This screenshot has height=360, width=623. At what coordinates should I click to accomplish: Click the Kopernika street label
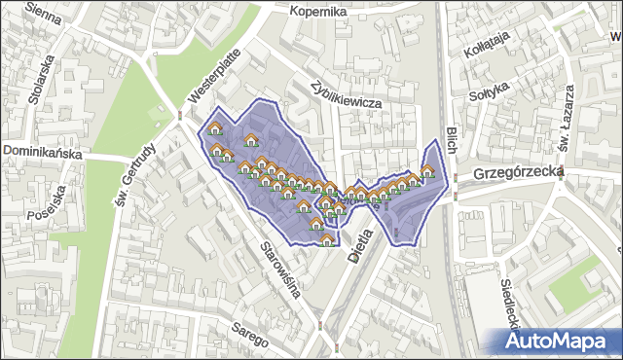coord(319,11)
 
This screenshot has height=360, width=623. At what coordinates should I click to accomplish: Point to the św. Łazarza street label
coord(565,130)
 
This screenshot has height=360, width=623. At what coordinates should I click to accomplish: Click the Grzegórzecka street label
coord(519,172)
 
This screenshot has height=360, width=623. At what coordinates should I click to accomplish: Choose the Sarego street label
coord(250,335)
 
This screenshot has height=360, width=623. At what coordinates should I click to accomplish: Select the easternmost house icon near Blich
coord(426,171)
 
